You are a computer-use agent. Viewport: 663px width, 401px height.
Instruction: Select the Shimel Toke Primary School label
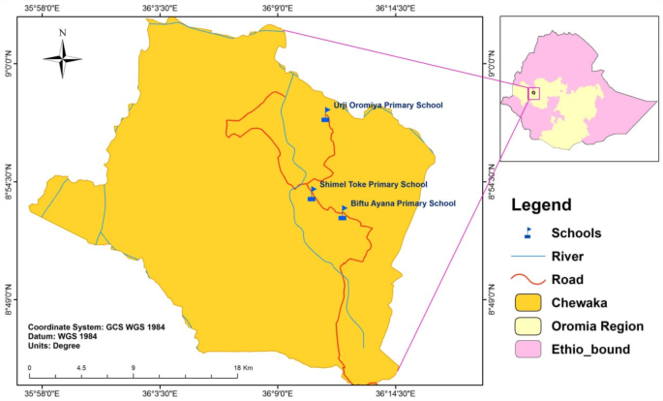(x=373, y=184)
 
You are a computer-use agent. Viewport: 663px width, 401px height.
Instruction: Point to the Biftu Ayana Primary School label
(x=402, y=203)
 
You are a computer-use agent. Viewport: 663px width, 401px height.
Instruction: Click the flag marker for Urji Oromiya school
(x=325, y=115)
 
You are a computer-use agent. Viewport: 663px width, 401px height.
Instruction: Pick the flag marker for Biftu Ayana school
(x=343, y=212)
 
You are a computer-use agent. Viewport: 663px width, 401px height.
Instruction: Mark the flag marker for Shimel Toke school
(x=312, y=194)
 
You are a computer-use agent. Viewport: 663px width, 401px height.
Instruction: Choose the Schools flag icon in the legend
(x=528, y=233)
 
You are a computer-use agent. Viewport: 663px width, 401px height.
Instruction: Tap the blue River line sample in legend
(x=528, y=258)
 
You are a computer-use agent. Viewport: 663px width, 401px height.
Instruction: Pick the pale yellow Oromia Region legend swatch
(x=528, y=326)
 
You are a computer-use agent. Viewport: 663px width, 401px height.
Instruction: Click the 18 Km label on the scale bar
(x=242, y=368)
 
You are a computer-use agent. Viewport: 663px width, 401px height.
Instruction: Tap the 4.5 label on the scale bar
(x=81, y=368)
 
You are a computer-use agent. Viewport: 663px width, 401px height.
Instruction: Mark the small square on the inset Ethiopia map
(x=533, y=93)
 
